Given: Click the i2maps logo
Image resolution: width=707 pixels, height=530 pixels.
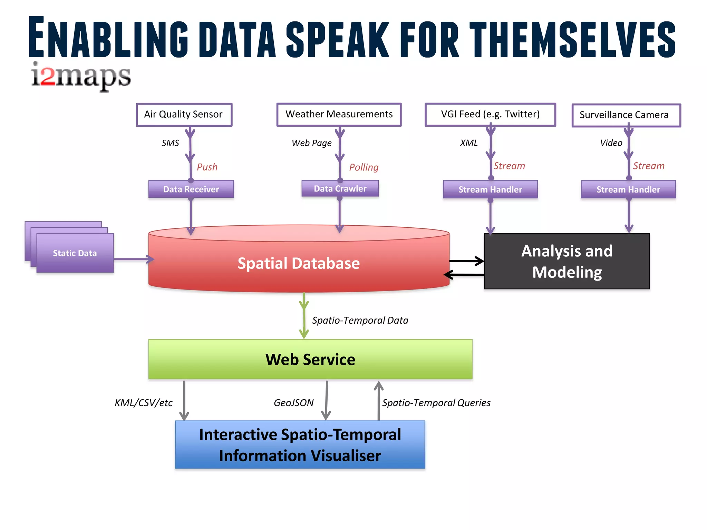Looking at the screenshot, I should (81, 77).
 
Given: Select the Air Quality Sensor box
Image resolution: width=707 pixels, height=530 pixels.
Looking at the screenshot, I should (184, 115).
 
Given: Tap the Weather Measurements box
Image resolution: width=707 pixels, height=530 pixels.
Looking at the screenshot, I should (339, 115).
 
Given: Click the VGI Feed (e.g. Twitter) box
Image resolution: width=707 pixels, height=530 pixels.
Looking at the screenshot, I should (490, 115).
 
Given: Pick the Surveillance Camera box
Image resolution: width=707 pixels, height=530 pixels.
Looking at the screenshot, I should (626, 115).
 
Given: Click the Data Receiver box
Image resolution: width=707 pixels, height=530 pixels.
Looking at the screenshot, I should (191, 189).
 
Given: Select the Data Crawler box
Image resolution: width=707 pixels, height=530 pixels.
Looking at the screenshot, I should (340, 188).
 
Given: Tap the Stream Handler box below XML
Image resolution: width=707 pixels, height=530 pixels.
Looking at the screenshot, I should (490, 189).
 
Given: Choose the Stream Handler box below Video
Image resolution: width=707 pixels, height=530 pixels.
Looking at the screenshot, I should (628, 189).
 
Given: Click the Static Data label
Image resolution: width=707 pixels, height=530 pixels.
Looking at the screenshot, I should (75, 253).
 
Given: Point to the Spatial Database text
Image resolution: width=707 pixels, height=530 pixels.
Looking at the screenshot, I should (299, 264).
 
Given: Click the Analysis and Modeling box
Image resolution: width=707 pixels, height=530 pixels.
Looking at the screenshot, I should (567, 261).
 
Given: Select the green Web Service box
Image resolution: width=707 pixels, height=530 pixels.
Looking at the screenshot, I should (310, 359).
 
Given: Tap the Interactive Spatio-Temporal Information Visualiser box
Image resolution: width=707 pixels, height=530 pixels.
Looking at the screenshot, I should (300, 445).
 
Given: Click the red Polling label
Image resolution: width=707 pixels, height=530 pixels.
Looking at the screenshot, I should (364, 167).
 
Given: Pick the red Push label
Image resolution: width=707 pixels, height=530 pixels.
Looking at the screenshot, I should (207, 167).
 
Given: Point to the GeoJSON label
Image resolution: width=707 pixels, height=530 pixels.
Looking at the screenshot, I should (293, 403).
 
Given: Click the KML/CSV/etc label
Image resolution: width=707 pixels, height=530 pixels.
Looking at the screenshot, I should (144, 403).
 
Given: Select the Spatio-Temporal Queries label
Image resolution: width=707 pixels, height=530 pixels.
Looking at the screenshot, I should (436, 403).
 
